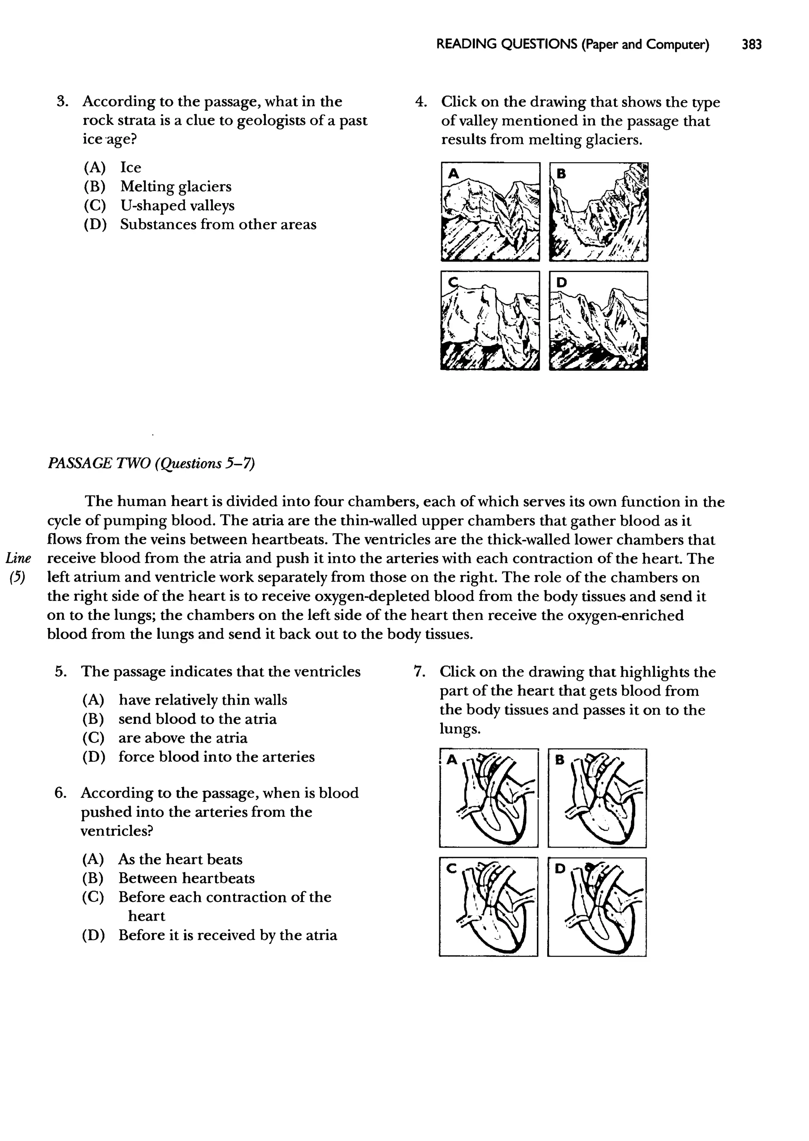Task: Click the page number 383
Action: [x=751, y=45]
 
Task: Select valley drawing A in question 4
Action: [x=490, y=212]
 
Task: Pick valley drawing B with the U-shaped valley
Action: [x=598, y=212]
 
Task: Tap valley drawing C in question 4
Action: [x=490, y=321]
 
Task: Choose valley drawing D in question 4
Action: [x=598, y=321]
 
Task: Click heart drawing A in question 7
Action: [x=489, y=798]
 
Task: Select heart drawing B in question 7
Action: [x=597, y=798]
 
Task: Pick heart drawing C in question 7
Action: [x=489, y=907]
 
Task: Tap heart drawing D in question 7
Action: [x=597, y=907]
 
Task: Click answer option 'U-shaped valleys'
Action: [x=177, y=205]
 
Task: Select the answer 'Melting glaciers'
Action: [x=175, y=187]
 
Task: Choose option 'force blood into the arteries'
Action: [x=216, y=757]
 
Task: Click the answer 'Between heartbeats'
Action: [x=186, y=878]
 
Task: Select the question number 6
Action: [x=61, y=793]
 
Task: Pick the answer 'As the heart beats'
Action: [x=180, y=859]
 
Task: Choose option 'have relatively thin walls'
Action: [x=203, y=700]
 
